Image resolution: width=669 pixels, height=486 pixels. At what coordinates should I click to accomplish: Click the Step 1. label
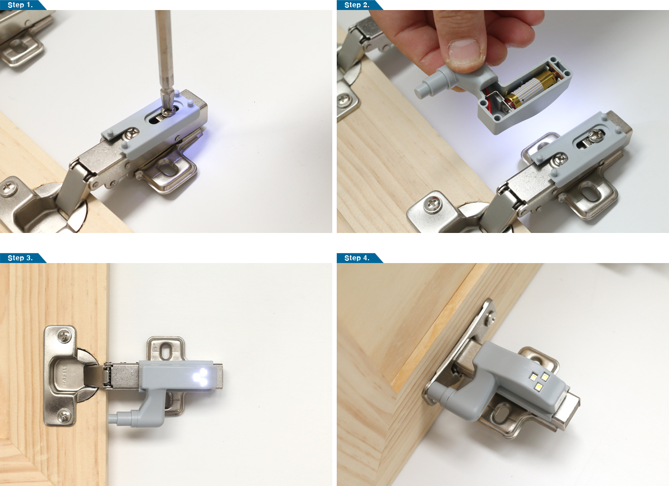20,5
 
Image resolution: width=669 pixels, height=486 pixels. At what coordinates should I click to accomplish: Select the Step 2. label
357,5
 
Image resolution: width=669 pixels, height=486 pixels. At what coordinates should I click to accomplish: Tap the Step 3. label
20,258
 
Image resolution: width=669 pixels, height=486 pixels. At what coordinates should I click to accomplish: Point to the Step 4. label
357,258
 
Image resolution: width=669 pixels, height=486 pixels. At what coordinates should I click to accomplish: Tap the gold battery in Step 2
532,88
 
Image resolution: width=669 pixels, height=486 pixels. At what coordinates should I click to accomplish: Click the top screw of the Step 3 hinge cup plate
64,337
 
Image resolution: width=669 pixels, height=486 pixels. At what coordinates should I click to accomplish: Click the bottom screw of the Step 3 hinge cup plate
64,415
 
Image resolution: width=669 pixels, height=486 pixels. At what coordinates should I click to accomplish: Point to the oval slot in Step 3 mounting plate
165,352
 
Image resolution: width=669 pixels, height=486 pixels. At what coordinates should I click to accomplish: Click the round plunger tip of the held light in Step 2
420,91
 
